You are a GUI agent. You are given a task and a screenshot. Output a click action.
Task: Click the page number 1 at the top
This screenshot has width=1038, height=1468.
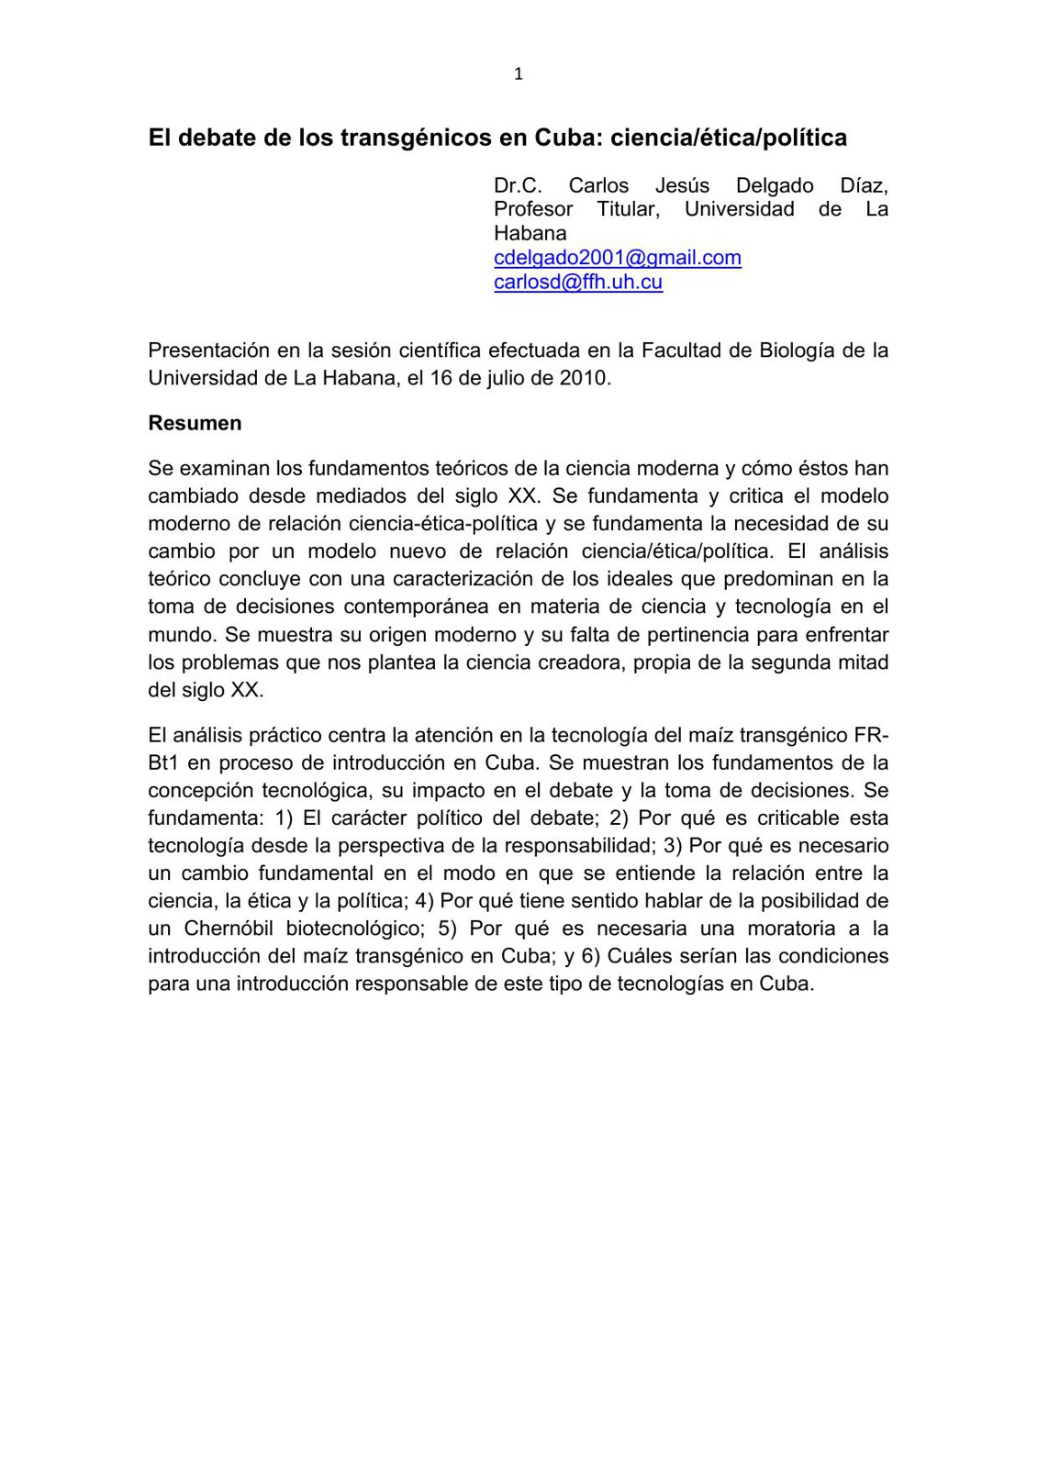[519, 74]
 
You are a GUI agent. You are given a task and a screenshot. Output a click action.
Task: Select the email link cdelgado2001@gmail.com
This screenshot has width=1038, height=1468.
[617, 258]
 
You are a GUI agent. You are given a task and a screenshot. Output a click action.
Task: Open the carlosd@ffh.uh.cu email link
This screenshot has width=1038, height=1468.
[578, 282]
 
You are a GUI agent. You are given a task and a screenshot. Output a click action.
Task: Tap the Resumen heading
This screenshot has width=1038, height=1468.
[195, 423]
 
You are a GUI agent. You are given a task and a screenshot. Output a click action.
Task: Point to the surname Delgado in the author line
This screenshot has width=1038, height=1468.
[775, 185]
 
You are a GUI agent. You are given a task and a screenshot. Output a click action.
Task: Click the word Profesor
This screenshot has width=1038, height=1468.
[533, 209]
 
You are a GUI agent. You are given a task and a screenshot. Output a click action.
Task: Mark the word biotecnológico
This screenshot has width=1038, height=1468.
[353, 929]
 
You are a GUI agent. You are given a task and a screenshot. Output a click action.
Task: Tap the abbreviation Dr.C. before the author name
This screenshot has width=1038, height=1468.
[518, 185]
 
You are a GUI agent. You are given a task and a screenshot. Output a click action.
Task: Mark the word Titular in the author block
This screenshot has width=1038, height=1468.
[629, 209]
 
